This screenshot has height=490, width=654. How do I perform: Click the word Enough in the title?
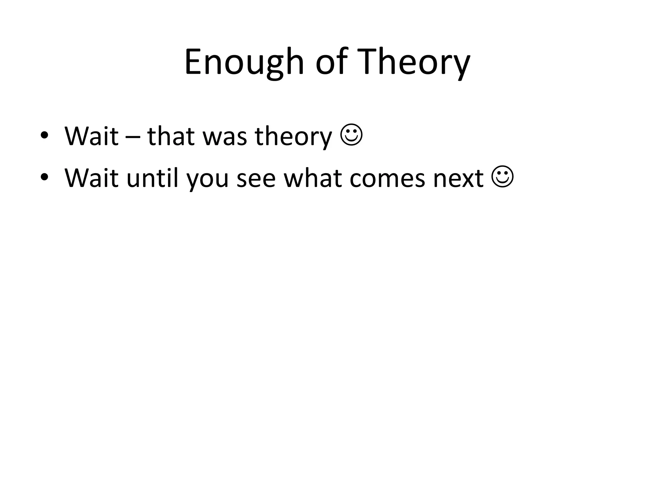(x=244, y=62)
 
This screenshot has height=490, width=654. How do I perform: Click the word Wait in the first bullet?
(x=91, y=136)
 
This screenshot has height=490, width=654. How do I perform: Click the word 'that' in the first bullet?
(x=171, y=136)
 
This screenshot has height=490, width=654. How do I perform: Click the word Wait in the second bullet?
(x=91, y=178)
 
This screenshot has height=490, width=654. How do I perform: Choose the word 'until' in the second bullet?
(x=152, y=178)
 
